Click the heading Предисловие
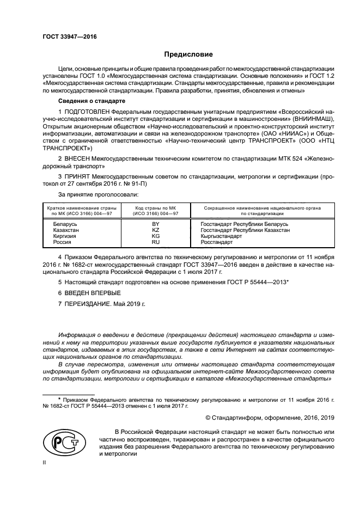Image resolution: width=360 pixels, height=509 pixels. click(188, 54)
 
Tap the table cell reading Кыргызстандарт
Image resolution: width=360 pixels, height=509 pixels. click(221, 236)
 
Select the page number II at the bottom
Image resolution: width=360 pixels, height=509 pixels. click(45, 462)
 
